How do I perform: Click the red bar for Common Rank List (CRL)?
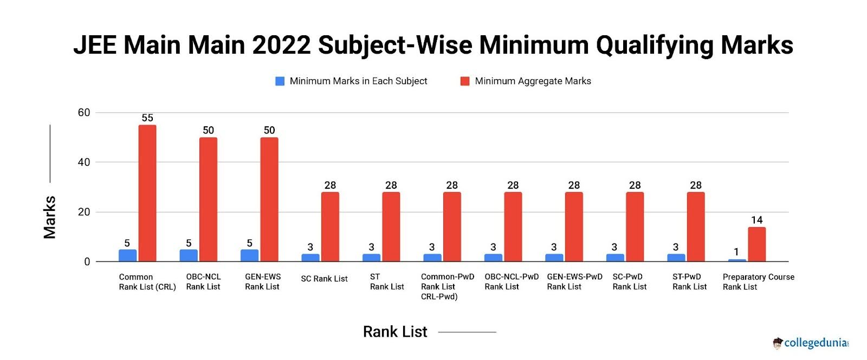point(147,194)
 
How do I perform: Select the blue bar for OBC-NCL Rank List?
point(189,255)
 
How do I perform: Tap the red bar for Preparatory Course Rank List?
point(757,245)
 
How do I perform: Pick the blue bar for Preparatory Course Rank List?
point(737,260)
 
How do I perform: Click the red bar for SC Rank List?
point(330,227)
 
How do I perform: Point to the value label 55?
point(147,118)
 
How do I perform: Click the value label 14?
point(757,220)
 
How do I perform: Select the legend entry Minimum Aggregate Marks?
point(533,81)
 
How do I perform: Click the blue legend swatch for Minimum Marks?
point(280,81)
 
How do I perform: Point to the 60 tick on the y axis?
point(84,113)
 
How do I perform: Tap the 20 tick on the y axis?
point(84,212)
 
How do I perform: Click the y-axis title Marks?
point(50,217)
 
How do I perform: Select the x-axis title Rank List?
point(395,332)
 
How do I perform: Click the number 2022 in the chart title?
point(281,45)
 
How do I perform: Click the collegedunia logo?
point(811,343)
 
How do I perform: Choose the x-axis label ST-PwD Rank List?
point(689,281)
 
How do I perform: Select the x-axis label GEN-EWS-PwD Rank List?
point(574,281)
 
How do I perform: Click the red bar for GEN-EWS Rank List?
point(269,200)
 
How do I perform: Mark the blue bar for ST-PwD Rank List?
point(676,258)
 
